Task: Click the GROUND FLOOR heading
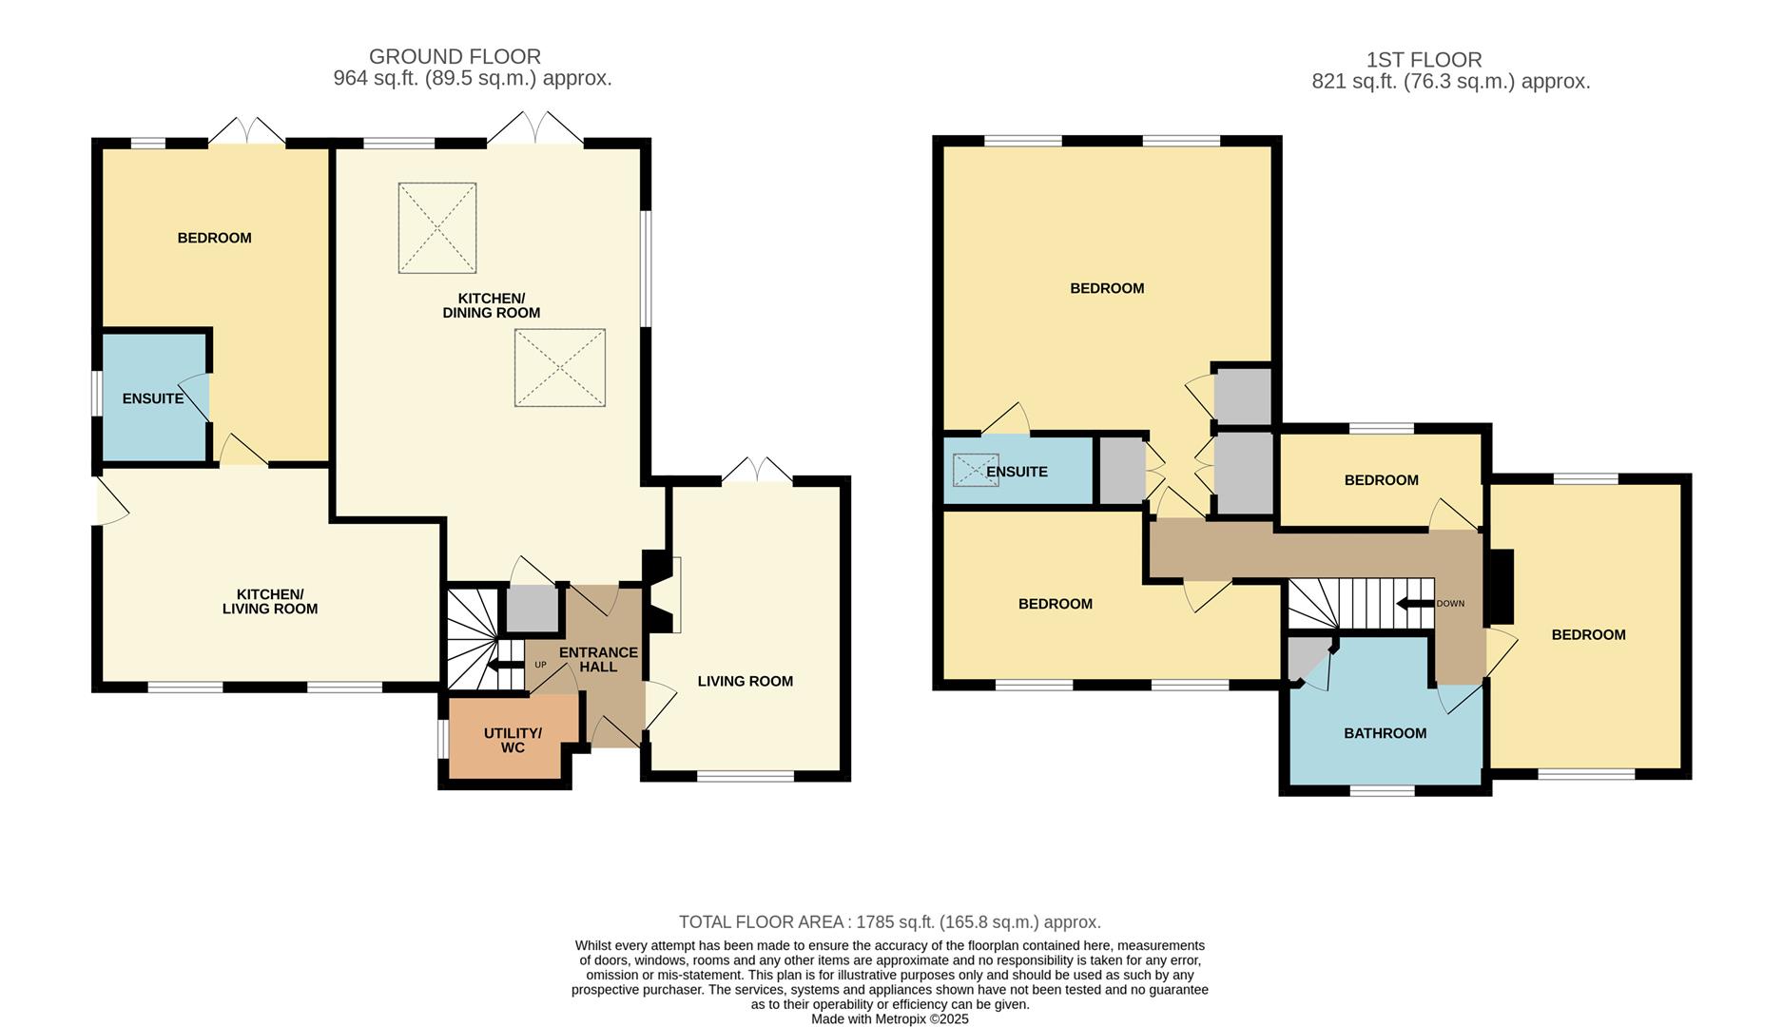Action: click(x=455, y=57)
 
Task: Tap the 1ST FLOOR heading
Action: click(x=1424, y=60)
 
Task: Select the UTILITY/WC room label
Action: click(x=513, y=740)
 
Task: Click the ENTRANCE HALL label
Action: click(x=598, y=659)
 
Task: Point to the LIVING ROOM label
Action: click(x=745, y=681)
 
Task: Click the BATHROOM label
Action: click(x=1385, y=733)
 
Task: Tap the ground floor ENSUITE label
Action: click(x=153, y=398)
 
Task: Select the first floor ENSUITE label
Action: click(x=1017, y=472)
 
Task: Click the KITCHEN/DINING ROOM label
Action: click(x=491, y=305)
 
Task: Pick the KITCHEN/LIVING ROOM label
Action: click(x=270, y=601)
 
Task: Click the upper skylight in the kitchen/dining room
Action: click(x=436, y=228)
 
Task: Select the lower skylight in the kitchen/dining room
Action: click(x=559, y=368)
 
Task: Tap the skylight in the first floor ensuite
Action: click(x=976, y=470)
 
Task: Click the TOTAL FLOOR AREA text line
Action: click(x=889, y=921)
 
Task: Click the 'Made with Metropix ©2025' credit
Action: click(x=889, y=1018)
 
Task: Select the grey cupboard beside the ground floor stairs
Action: click(x=532, y=609)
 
